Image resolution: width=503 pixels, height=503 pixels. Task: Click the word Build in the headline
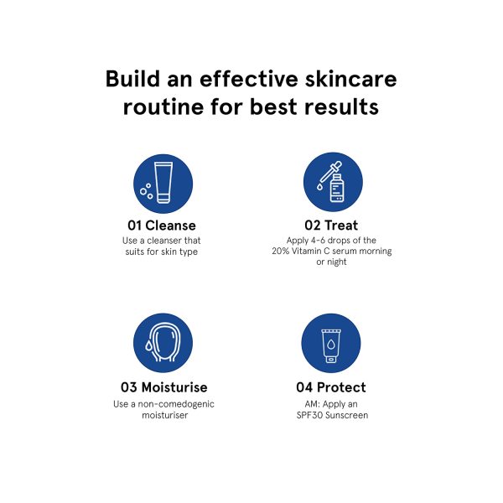pyautogui.click(x=132, y=79)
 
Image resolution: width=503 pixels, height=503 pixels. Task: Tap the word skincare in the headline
pyautogui.click(x=351, y=79)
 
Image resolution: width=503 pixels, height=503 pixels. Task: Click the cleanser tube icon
pyautogui.click(x=163, y=182)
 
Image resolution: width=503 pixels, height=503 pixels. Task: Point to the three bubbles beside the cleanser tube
pyautogui.click(x=146, y=191)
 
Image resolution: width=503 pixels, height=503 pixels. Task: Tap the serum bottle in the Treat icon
pyautogui.click(x=337, y=188)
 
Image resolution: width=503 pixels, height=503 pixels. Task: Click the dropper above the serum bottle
pyautogui.click(x=329, y=175)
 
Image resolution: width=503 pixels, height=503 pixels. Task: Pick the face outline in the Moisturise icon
pyautogui.click(x=164, y=342)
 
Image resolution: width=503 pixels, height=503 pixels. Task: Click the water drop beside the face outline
pyautogui.click(x=148, y=345)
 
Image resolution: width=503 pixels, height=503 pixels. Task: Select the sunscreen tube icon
pyautogui.click(x=331, y=346)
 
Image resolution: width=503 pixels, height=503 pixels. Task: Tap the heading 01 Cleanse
pyautogui.click(x=162, y=226)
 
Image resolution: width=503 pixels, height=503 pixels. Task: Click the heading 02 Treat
pyautogui.click(x=331, y=226)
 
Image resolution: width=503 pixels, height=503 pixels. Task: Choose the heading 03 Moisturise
pyautogui.click(x=164, y=387)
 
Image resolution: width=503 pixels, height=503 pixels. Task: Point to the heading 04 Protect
pyautogui.click(x=331, y=387)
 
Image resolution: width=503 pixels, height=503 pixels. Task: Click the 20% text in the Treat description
pyautogui.click(x=281, y=251)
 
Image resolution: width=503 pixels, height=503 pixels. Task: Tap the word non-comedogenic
pyautogui.click(x=176, y=404)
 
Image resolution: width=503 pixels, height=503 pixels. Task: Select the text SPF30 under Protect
pyautogui.click(x=309, y=415)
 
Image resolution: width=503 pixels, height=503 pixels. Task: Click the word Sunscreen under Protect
pyautogui.click(x=346, y=415)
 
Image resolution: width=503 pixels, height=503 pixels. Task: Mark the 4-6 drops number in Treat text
pyautogui.click(x=318, y=240)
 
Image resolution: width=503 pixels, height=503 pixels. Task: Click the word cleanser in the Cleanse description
pyautogui.click(x=165, y=241)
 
